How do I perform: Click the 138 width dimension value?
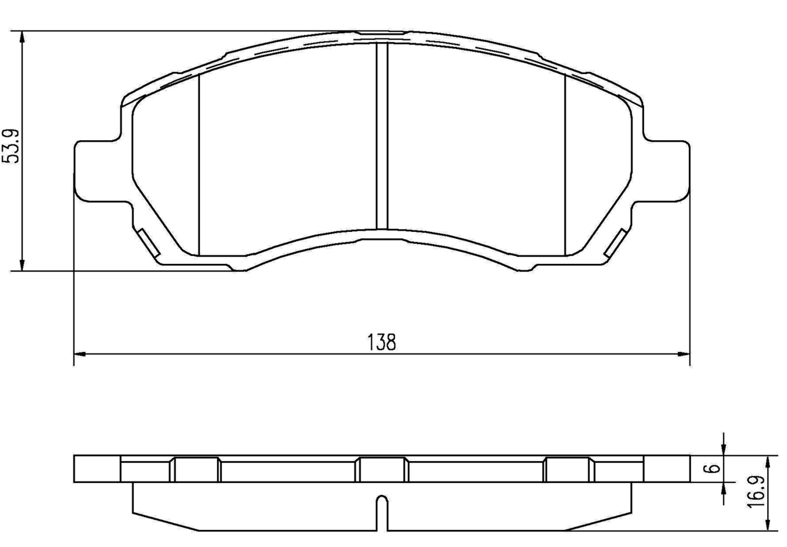tap(381, 343)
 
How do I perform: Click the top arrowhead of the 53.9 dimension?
tap(22, 37)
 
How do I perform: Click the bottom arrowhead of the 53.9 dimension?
tap(22, 264)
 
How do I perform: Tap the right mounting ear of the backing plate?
tap(667, 171)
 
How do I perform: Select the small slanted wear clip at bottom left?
tap(148, 243)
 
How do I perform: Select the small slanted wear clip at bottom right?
tap(615, 243)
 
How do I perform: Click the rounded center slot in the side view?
tap(382, 512)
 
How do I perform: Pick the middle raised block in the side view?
tap(382, 469)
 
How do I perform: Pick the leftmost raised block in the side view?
tap(196, 469)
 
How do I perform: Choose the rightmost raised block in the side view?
tap(568, 469)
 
